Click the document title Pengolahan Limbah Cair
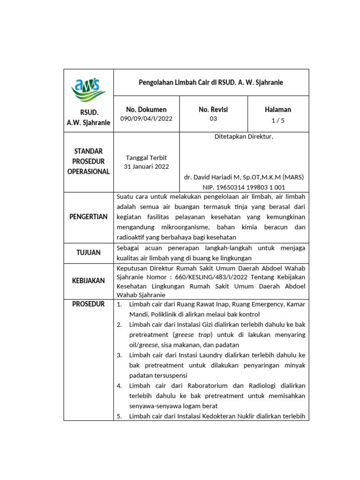[211, 82]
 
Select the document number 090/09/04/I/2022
[146, 119]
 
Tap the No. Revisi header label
[213, 109]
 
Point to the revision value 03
[213, 119]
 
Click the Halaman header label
[277, 109]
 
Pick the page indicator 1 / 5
[278, 120]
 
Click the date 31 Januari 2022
[146, 166]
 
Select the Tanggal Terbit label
[146, 157]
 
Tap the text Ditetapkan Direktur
[244, 137]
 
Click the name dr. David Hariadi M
[243, 177]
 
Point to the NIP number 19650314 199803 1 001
[244, 187]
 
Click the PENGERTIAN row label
[89, 217]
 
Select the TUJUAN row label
[89, 253]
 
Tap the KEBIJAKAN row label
[89, 280]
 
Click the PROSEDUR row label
[89, 304]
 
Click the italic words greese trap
[192, 335]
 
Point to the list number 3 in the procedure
[120, 355]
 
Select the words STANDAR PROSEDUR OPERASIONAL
[89, 161]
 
